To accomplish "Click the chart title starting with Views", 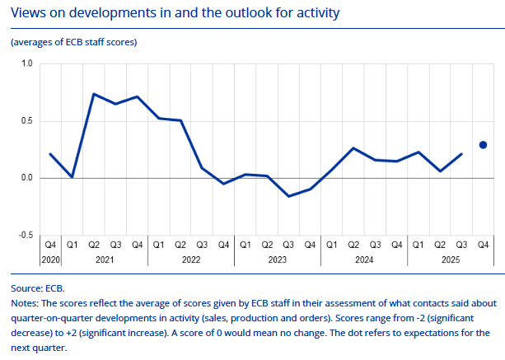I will [x=175, y=13].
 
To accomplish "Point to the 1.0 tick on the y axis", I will [x=26, y=63].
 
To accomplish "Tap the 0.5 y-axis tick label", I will [x=26, y=121].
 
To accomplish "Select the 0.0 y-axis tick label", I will [x=26, y=178].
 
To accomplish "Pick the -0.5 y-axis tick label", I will [x=25, y=236].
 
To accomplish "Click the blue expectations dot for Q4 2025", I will [x=483, y=145].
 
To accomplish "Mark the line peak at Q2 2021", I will [x=94, y=94].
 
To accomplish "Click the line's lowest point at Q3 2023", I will [x=288, y=196].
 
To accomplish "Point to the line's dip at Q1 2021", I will [x=72, y=177].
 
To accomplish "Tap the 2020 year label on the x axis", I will [x=50, y=259].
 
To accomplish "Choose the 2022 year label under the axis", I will [x=191, y=259].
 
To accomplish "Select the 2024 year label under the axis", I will [x=364, y=259].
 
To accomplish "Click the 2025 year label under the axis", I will [x=451, y=259].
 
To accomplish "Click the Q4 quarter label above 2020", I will [x=50, y=244].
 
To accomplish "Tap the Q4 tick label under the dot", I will [x=483, y=244].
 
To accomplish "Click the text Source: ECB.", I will [x=38, y=289].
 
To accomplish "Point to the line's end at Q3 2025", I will [x=461, y=154].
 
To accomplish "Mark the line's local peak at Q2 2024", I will [x=353, y=148].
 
